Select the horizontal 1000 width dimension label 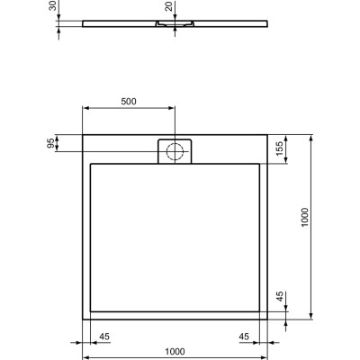tap(175, 352)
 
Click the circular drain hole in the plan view tap(176, 150)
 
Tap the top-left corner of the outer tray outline tap(84, 136)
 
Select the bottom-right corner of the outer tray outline tap(268, 319)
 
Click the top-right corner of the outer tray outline tap(268, 136)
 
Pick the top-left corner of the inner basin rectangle tap(92, 164)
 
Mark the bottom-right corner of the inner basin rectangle tap(260, 311)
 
